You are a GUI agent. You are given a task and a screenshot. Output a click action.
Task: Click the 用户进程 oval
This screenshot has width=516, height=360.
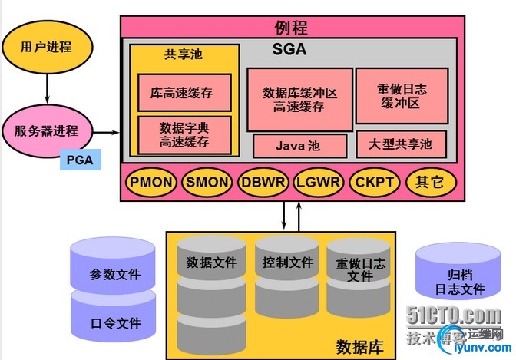pyautogui.click(x=47, y=47)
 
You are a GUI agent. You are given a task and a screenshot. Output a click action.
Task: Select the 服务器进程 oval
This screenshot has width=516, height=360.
pyautogui.click(x=47, y=130)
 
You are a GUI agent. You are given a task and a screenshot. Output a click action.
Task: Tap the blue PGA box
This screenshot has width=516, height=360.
pyautogui.click(x=80, y=161)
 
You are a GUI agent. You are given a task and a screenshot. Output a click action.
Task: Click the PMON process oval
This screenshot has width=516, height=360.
pyautogui.click(x=152, y=183)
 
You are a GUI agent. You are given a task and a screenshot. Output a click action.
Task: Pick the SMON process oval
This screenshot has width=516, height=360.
pyautogui.click(x=207, y=183)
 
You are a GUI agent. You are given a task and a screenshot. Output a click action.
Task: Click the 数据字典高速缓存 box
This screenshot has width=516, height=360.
pyautogui.click(x=184, y=134)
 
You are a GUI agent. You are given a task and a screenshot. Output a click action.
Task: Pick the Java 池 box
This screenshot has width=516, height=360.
pyautogui.click(x=299, y=145)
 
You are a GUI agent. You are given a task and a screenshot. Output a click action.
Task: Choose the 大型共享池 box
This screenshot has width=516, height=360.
pyautogui.click(x=405, y=144)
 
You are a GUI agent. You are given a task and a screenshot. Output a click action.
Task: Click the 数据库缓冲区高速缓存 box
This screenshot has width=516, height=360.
pyautogui.click(x=299, y=99)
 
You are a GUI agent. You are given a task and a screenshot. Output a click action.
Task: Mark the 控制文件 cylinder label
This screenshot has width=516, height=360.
pyautogui.click(x=285, y=262)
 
